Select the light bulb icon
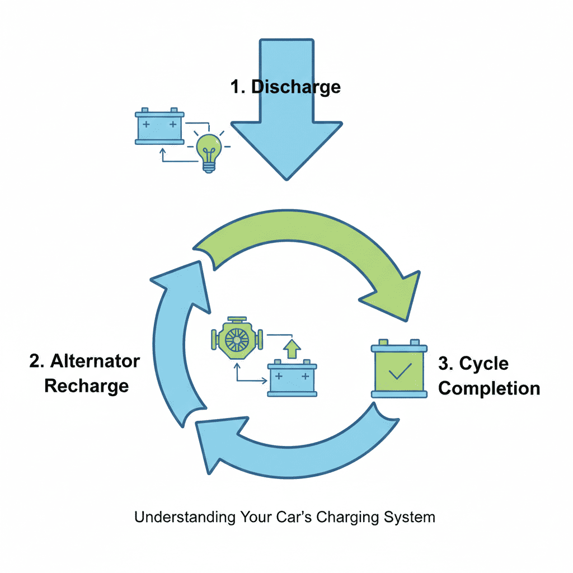[x=208, y=149]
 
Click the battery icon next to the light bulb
[x=159, y=126]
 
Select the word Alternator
[x=95, y=361]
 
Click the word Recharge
[x=87, y=386]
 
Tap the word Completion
[x=489, y=388]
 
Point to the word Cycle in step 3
[x=483, y=364]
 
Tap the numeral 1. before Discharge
[x=238, y=87]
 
